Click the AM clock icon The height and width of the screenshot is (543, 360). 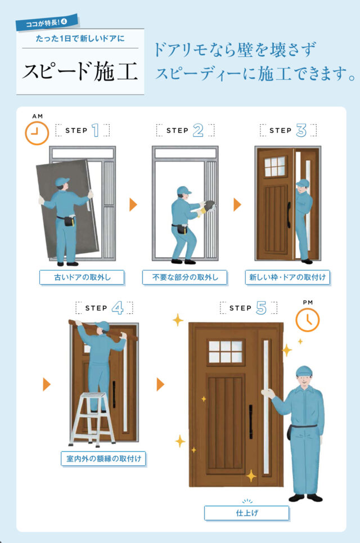37,133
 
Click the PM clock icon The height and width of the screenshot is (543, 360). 307,320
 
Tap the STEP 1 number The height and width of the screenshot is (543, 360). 96,131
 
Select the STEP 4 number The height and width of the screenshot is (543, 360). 118,308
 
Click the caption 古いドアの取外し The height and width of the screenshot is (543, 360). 82,277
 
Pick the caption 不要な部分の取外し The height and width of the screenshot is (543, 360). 185,277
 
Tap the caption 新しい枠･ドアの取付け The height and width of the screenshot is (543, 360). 287,277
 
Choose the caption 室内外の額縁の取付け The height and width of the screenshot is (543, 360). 103,459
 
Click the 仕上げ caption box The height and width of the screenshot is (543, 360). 246,513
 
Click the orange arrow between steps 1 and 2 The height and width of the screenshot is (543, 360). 133,205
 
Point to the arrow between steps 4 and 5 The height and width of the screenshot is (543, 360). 160,384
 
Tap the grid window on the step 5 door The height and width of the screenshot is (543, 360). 226,352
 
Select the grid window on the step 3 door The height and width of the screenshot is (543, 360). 275,167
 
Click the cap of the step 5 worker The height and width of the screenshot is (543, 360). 304,371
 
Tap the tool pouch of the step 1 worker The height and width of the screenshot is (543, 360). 69,220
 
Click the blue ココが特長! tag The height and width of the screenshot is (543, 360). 47,23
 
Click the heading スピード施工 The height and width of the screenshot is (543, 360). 80,71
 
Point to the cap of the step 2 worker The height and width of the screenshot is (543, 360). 183,190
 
